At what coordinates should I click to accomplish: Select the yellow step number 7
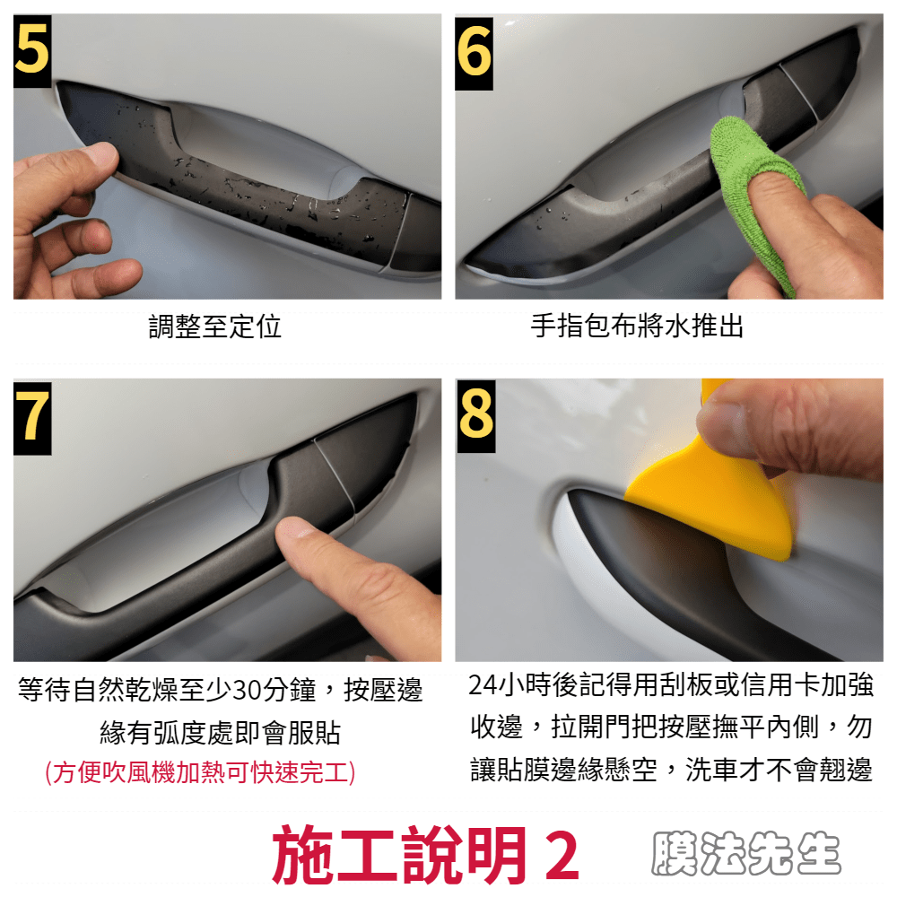pos(32,417)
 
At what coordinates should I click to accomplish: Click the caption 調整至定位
pos(215,327)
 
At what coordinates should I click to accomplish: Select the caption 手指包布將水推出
pos(637,327)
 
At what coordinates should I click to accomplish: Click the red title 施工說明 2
pos(426,854)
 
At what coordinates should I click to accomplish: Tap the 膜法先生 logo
pos(746,853)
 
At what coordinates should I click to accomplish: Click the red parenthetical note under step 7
pos(200,772)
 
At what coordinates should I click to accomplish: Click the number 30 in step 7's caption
pos(248,690)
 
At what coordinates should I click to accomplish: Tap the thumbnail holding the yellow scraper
pos(722,421)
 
